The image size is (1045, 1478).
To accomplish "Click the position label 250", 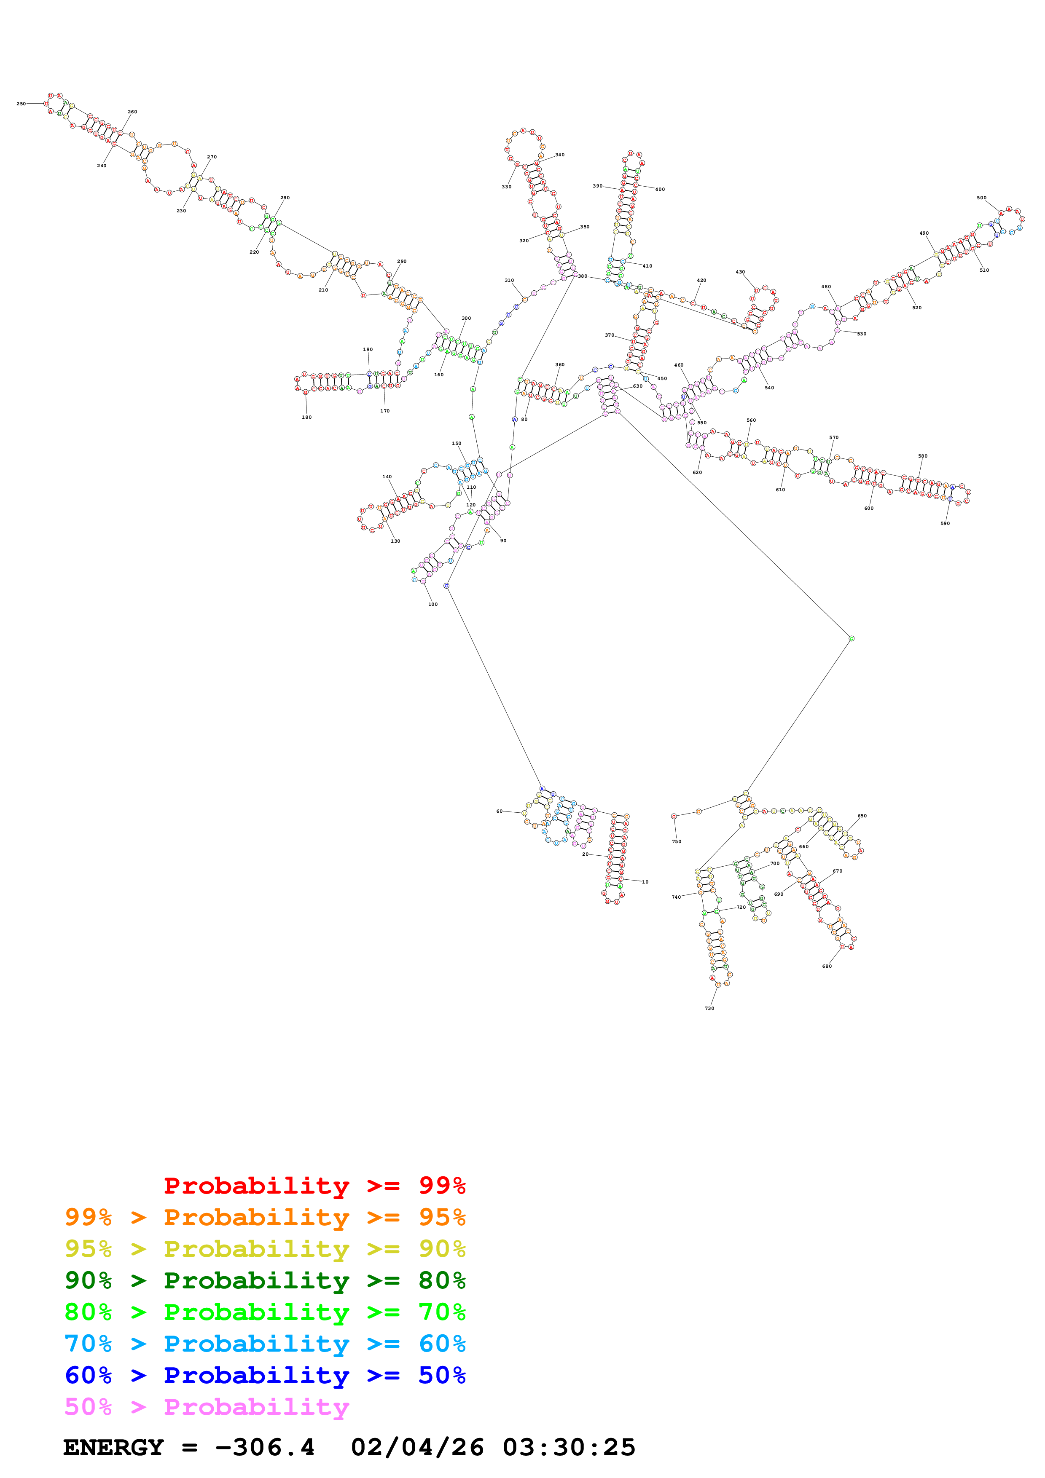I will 21,104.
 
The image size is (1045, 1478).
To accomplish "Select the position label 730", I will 709,1008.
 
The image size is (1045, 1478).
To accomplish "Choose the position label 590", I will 945,523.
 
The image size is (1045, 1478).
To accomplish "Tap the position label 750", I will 676,841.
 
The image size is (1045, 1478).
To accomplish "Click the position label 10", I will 645,882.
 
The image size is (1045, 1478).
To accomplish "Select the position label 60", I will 499,811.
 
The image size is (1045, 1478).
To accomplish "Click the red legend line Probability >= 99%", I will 314,1186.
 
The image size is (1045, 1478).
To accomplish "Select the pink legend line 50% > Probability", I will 207,1407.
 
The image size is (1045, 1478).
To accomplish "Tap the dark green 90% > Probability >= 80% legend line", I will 265,1280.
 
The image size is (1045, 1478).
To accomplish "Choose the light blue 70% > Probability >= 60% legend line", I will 265,1344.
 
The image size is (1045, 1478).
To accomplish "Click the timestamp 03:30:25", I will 569,1448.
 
